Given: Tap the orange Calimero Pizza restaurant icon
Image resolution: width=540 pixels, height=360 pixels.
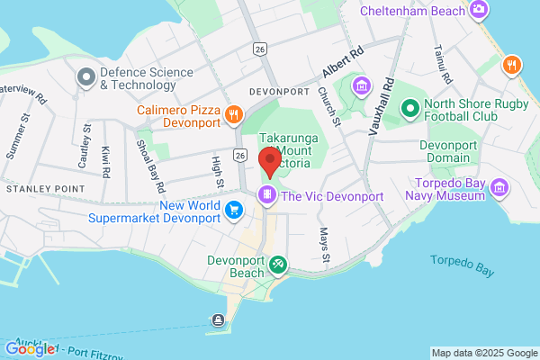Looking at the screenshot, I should (234, 113).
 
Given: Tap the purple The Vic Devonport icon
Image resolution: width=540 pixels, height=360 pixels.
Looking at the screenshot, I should (266, 195).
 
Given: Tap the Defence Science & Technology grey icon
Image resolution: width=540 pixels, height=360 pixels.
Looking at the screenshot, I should (86, 77).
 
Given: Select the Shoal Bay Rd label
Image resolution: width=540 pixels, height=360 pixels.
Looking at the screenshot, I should (149, 166).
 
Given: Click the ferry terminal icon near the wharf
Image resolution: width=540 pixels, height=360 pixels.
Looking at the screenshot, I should (218, 320).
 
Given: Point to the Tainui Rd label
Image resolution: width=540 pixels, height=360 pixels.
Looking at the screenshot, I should (440, 60).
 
